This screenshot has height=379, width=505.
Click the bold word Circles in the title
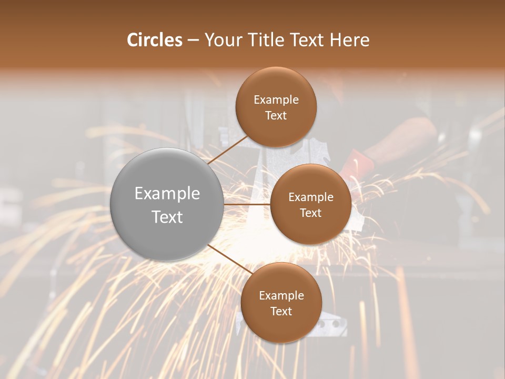[155, 40]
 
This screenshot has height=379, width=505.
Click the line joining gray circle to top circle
[228, 149]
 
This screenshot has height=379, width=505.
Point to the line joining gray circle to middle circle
[247, 204]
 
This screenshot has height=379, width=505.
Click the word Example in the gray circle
[167, 194]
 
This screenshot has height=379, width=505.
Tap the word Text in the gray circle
[167, 217]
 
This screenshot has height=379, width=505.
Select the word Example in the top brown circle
[276, 100]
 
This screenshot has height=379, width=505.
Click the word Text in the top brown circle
[276, 115]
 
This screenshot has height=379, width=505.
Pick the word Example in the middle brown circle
[310, 197]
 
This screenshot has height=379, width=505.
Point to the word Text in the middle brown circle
[310, 213]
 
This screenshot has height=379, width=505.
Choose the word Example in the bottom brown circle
[281, 296]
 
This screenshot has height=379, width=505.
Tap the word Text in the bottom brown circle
[281, 311]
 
